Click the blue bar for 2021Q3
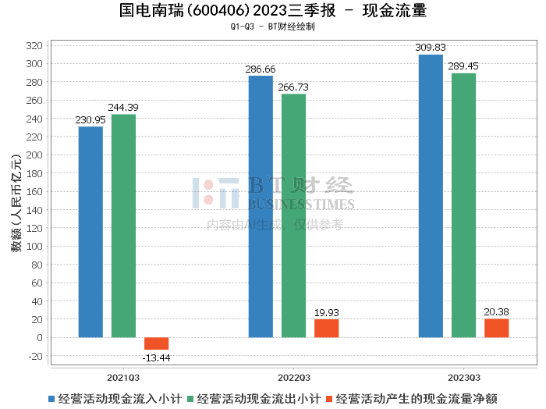pos(90,232)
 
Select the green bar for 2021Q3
pos(123,226)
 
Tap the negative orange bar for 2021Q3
pos(156,343)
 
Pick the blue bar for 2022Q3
pos(261,207)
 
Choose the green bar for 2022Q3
pos(293,215)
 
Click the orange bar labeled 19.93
pos(326,329)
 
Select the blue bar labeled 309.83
pos(431,196)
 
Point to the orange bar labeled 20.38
pos(496,328)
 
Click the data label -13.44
pos(156,357)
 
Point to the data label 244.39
pos(123,107)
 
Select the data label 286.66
pos(261,69)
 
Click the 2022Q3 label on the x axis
pos(293,377)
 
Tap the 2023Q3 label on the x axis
pos(463,377)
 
